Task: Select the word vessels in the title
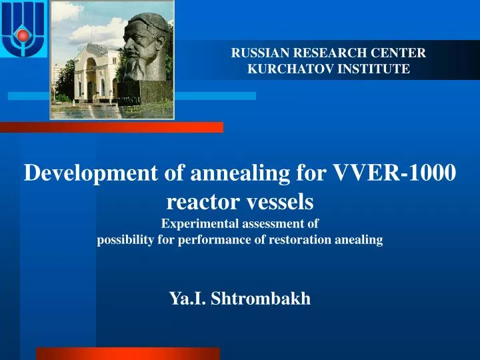(x=281, y=199)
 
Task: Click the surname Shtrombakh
(x=260, y=299)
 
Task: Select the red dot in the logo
(x=23, y=35)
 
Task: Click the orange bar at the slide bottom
(x=127, y=353)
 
